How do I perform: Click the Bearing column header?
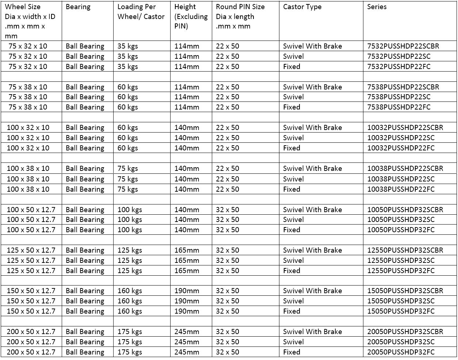pos(78,7)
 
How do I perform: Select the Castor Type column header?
pos(302,7)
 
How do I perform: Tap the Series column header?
pos(377,7)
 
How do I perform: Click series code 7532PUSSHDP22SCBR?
pos(403,46)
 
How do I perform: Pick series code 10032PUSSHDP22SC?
pos(401,138)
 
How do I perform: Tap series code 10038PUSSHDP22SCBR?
pos(405,169)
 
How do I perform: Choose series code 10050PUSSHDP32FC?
pos(401,230)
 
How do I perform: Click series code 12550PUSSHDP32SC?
pos(401,261)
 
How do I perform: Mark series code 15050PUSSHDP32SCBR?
pos(405,291)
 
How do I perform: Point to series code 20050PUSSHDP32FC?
pos(401,352)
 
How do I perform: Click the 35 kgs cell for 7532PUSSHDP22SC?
pos(127,57)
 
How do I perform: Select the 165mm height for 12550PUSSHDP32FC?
pos(187,271)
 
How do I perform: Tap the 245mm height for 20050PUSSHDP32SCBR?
pos(187,332)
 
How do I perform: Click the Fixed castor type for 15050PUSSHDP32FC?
pos(291,311)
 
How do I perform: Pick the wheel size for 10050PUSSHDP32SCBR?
pos(31,210)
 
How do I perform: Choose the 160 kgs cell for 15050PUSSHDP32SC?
pos(129,301)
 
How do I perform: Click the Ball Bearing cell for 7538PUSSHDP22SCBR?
pos(85,87)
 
